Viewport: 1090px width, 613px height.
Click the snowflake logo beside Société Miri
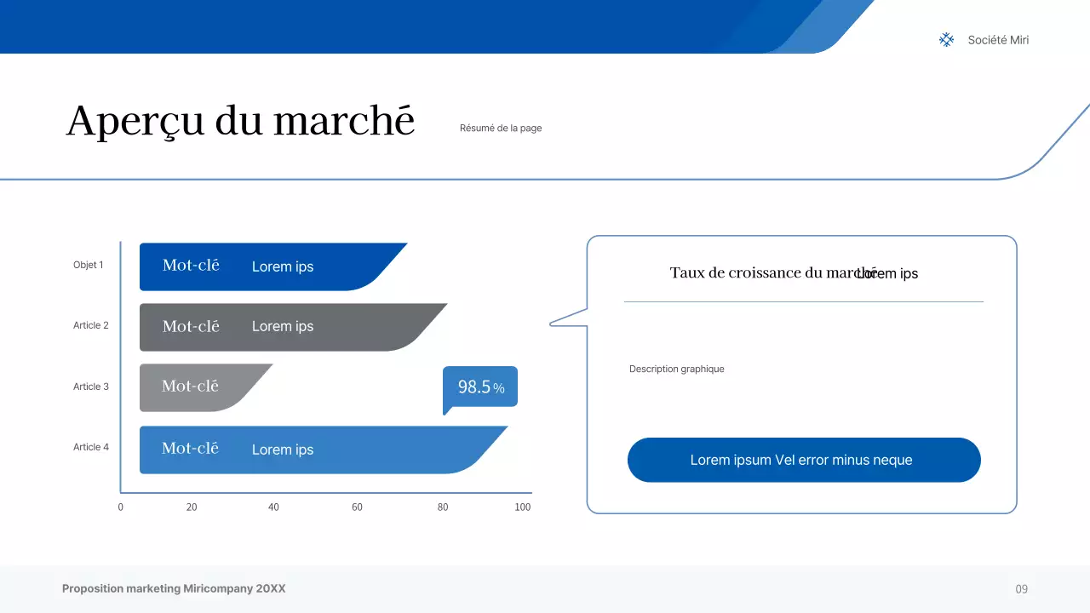[946, 40]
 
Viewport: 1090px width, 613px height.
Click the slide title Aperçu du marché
[240, 121]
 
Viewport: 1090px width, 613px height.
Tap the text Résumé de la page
[501, 129]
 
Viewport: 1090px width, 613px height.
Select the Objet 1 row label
[89, 265]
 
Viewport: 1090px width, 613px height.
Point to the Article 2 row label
[91, 325]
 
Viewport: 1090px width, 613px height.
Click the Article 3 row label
[91, 387]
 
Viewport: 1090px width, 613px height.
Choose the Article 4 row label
[91, 447]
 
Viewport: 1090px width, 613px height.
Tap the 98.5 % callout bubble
[480, 387]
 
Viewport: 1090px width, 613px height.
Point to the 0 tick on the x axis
[120, 507]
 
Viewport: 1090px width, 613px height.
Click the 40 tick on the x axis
[273, 507]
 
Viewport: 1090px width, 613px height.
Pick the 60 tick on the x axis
[357, 507]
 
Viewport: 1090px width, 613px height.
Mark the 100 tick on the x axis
[523, 507]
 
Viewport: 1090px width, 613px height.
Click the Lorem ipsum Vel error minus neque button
[804, 460]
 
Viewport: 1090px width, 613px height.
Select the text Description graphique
[677, 370]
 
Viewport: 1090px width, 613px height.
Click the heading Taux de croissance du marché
[762, 272]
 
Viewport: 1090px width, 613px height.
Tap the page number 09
[1022, 589]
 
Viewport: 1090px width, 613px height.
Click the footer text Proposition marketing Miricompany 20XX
[174, 589]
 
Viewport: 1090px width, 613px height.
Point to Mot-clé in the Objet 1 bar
[191, 266]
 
